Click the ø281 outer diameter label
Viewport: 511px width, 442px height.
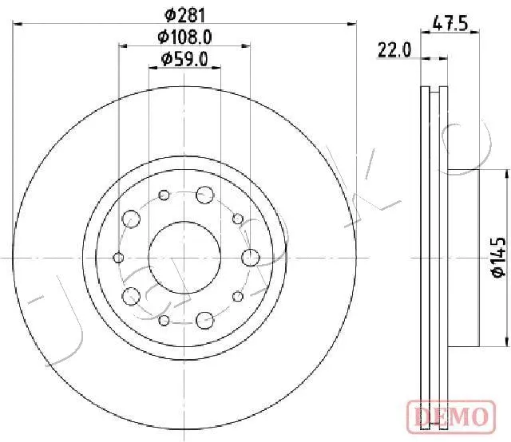[184, 15]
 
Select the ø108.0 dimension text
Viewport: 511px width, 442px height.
[184, 37]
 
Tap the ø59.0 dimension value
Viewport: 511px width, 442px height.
[184, 59]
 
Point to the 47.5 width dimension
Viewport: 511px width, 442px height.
[450, 24]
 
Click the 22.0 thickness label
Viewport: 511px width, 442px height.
[394, 50]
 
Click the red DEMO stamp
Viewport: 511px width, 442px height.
[451, 417]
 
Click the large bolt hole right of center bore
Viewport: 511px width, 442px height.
[251, 258]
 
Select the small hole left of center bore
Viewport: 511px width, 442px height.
[118, 258]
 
